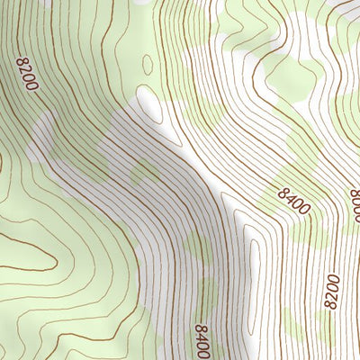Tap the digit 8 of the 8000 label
[x=353, y=195]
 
